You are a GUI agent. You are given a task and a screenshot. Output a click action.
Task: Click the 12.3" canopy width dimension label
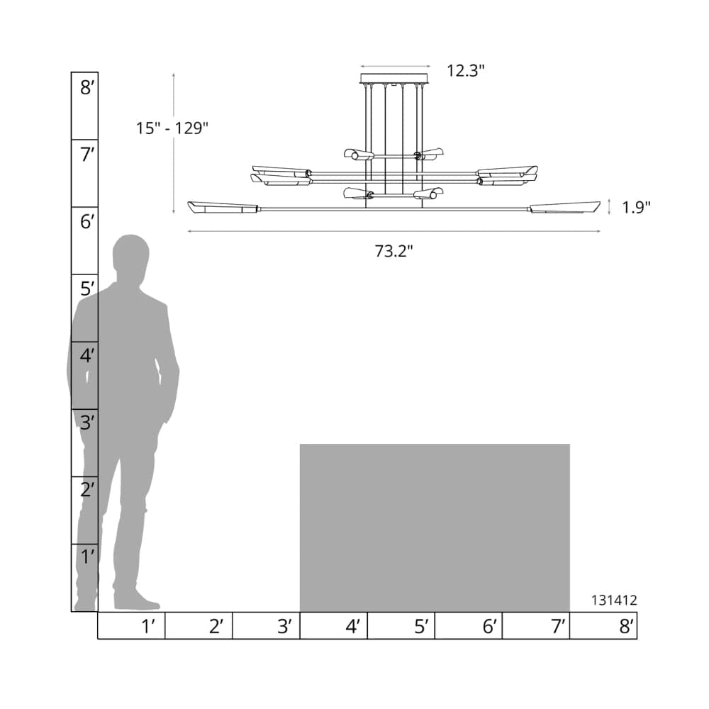(x=466, y=70)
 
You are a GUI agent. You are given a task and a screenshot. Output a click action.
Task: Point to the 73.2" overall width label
(x=393, y=251)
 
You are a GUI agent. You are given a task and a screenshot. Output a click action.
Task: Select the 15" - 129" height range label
(x=172, y=128)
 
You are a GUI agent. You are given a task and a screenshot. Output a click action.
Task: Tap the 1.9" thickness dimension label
(x=636, y=207)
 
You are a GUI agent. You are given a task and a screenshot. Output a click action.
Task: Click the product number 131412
(x=614, y=600)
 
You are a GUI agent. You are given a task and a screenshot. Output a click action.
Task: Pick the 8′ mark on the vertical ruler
(x=86, y=87)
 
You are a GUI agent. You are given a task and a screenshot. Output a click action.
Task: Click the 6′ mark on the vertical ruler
(x=86, y=221)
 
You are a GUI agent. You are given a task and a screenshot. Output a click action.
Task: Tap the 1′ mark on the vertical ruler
(x=88, y=557)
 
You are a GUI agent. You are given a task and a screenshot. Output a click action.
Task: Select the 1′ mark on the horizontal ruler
(x=148, y=626)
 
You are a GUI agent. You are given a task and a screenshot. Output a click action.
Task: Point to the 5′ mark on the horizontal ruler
(x=421, y=626)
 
